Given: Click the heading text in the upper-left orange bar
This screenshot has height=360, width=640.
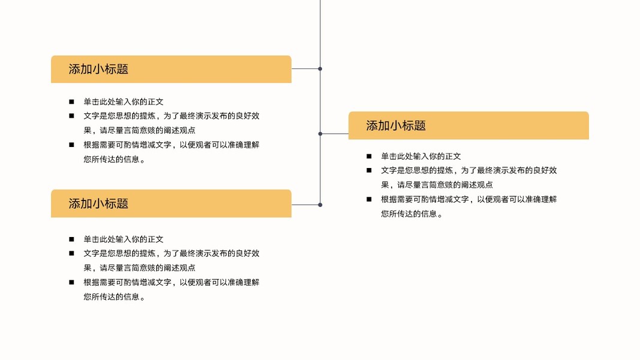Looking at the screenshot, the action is [98, 69].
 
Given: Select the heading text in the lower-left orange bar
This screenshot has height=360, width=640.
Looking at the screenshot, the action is [98, 203].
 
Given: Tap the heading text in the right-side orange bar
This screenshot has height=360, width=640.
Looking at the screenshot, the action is [396, 125].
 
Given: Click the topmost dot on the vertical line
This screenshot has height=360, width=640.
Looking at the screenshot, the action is [320, 69].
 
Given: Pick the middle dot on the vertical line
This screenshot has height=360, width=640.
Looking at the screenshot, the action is [320, 134].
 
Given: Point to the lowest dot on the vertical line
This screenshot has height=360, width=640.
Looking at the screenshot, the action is [320, 205].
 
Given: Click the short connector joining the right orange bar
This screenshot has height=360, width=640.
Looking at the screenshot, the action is [335, 134].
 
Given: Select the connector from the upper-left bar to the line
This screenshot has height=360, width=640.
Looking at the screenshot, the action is [306, 69].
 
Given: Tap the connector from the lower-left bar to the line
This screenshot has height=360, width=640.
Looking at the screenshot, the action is [306, 205].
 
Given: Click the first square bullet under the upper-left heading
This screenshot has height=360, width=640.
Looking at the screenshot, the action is [71, 101].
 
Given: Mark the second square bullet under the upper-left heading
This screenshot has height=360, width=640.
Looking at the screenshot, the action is [71, 116].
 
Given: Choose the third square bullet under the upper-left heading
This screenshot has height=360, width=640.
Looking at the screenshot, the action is [71, 145].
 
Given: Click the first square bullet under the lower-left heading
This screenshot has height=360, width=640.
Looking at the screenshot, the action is [71, 239].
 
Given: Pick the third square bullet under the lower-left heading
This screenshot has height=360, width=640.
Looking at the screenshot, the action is [71, 282].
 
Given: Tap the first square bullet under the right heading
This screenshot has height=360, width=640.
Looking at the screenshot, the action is [369, 156].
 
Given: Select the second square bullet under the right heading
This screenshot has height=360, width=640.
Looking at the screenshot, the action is [369, 170].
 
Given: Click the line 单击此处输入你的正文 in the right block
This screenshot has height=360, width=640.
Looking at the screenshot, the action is [421, 156].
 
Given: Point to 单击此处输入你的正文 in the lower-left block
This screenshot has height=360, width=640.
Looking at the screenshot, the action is [124, 239].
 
